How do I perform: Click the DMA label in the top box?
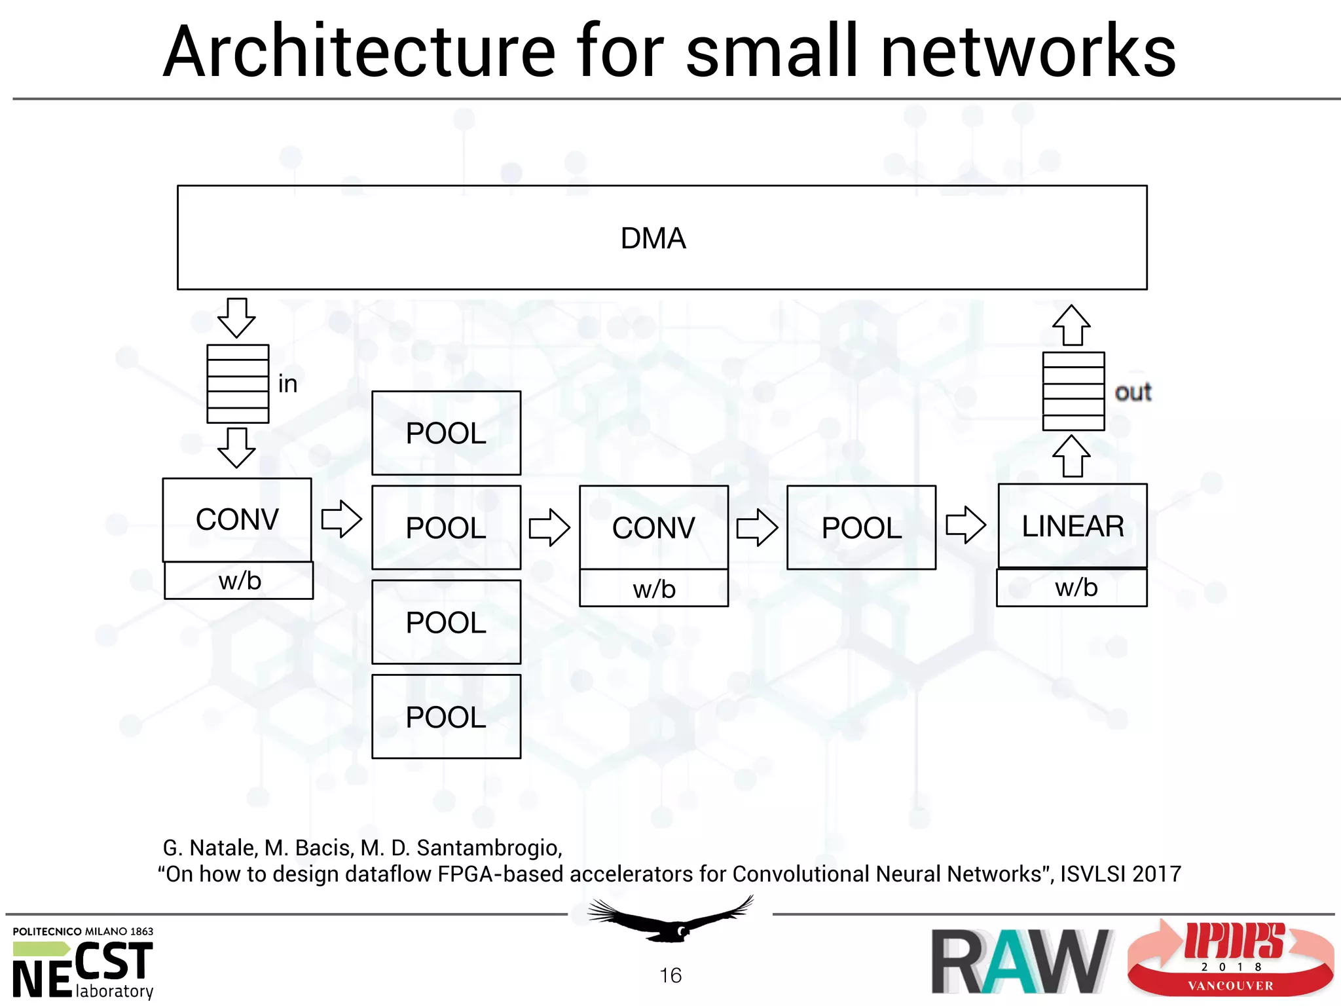[653, 238]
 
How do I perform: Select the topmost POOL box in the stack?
[446, 433]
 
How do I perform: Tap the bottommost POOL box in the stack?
[446, 717]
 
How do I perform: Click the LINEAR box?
[1073, 526]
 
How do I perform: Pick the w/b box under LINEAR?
[1072, 587]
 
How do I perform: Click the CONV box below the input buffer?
[237, 519]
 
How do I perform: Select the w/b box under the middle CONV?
[653, 588]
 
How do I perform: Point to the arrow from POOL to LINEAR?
[966, 525]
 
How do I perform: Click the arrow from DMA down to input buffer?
[236, 318]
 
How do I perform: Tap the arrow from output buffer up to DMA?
[1071, 326]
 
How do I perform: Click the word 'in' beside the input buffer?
[287, 384]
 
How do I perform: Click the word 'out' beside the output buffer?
[1133, 392]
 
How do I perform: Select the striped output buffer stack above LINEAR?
[1073, 391]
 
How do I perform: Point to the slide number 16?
[670, 975]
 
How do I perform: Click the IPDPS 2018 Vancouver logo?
[1231, 959]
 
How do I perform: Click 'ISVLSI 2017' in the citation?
[1120, 874]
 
